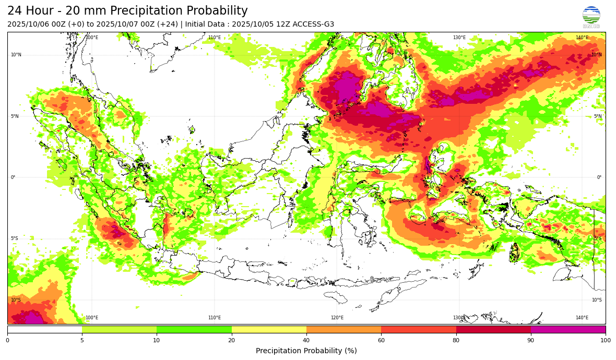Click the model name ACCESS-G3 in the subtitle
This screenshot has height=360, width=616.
tap(314, 25)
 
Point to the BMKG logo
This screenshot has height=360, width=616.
tap(591, 17)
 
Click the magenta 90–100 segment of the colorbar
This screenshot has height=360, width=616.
tap(568, 329)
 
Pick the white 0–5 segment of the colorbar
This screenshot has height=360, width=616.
tap(45, 329)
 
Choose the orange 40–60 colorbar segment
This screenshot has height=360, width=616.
tap(343, 329)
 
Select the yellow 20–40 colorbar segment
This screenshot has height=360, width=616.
tap(269, 329)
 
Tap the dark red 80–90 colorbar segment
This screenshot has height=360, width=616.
tap(493, 329)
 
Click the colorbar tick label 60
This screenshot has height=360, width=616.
tap(381, 340)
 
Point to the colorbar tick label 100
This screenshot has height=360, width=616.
tap(606, 340)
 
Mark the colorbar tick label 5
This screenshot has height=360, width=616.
tap(82, 340)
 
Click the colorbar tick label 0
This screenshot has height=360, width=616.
tap(7, 340)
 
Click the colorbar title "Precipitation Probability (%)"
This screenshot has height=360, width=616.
tap(306, 351)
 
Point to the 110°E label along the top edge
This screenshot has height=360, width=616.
tap(215, 38)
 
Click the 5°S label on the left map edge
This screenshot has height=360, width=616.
tap(15, 238)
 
